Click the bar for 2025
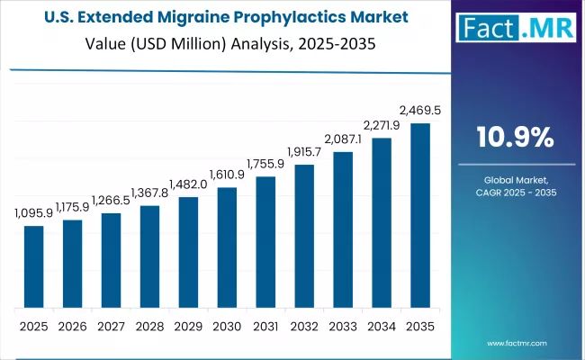pos(33,266)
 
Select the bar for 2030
pos(227,247)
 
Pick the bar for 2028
pos(149,256)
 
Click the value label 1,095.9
pos(33,214)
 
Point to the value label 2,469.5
pos(419,111)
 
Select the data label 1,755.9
pos(265,165)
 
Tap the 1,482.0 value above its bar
pos(188,185)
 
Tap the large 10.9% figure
pos(515,137)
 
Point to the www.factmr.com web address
pos(516,343)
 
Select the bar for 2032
pos(304,237)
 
